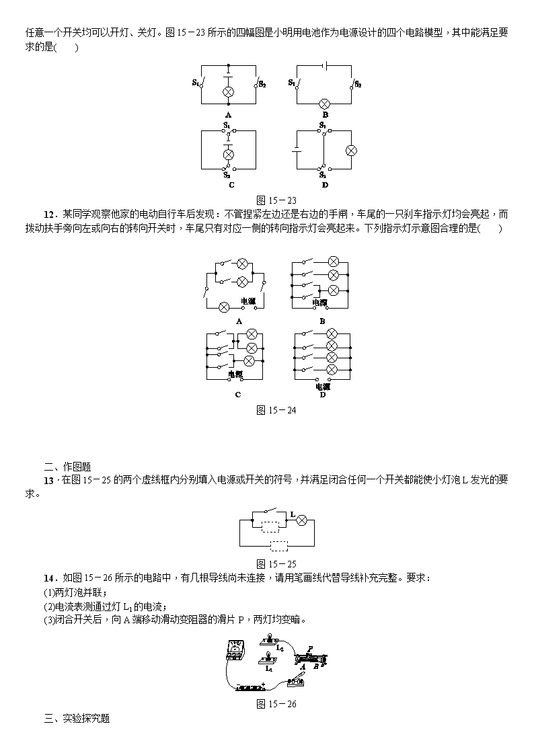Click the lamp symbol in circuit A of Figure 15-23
(228, 93)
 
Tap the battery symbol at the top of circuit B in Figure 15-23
(326, 65)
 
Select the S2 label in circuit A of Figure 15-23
(262, 84)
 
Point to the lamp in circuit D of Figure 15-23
(351, 151)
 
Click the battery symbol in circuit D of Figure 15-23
(296, 150)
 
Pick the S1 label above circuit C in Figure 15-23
(227, 125)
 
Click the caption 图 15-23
(276, 200)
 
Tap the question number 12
(50, 214)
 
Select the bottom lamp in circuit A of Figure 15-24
(224, 307)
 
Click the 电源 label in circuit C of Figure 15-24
(235, 374)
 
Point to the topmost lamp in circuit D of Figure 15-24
(332, 333)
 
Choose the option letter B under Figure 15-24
(322, 321)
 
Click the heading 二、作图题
(67, 467)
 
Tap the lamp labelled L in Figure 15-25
(302, 520)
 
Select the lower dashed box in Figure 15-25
(279, 545)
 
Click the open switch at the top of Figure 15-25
(270, 510)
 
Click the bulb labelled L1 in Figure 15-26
(267, 658)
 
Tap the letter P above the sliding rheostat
(310, 649)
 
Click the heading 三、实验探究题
(77, 719)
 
